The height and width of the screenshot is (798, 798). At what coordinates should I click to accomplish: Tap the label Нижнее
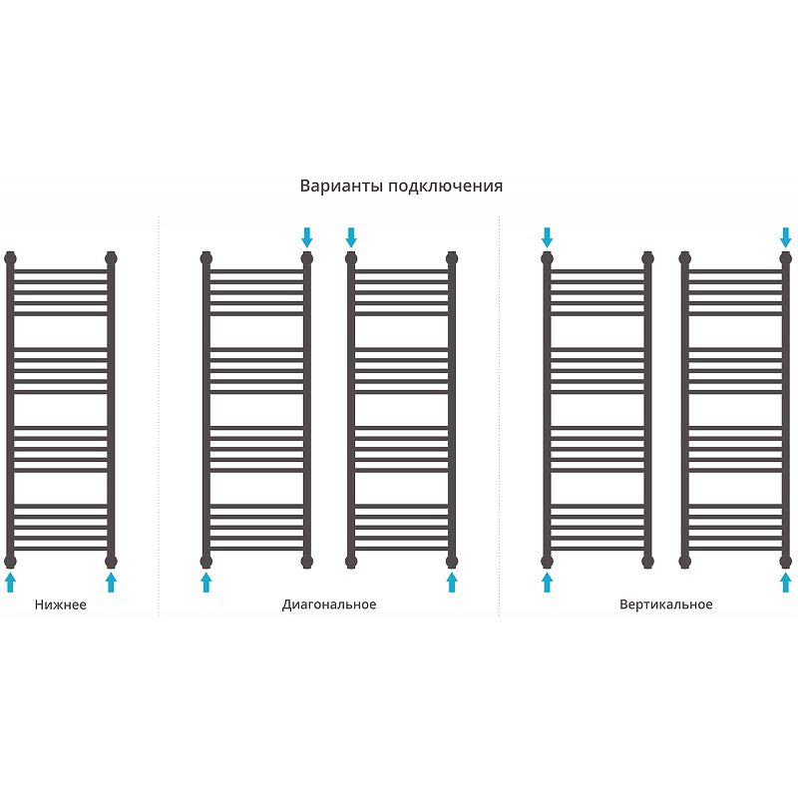click(x=60, y=604)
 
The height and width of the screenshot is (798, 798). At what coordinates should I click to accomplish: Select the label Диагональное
click(x=329, y=604)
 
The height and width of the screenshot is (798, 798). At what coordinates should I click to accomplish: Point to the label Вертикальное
click(x=665, y=604)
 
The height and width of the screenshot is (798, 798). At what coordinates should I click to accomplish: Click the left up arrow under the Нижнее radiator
click(x=11, y=582)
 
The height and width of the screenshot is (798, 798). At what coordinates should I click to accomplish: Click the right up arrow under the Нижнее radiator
click(x=111, y=582)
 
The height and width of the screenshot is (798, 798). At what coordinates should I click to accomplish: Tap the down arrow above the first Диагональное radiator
click(x=306, y=236)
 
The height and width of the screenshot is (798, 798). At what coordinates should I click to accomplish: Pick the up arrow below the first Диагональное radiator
click(x=206, y=582)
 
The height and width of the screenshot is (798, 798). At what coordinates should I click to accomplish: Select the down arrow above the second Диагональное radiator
click(x=351, y=236)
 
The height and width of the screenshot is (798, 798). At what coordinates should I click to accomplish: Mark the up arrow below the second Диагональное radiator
click(x=452, y=582)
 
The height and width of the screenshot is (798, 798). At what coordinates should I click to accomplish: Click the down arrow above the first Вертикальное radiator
click(x=547, y=236)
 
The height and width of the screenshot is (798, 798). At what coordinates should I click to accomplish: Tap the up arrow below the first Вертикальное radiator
click(x=547, y=582)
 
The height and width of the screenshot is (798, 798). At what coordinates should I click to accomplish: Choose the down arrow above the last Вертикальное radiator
click(x=785, y=236)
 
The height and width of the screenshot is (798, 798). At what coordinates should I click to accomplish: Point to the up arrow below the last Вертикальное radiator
click(x=785, y=582)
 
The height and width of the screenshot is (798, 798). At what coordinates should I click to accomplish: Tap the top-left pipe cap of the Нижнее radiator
click(x=11, y=257)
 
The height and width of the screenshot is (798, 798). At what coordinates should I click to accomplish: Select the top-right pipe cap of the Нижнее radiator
click(x=111, y=257)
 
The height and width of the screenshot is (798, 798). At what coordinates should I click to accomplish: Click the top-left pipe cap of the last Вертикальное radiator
click(x=684, y=257)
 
